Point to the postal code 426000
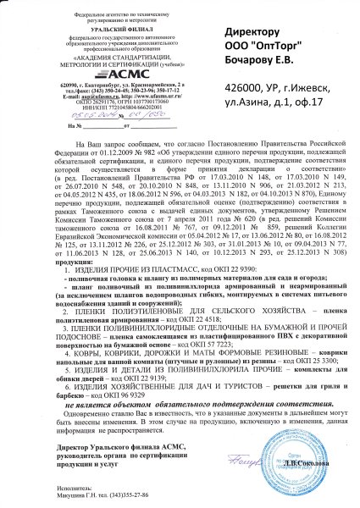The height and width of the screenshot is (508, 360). pos(244,89)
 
